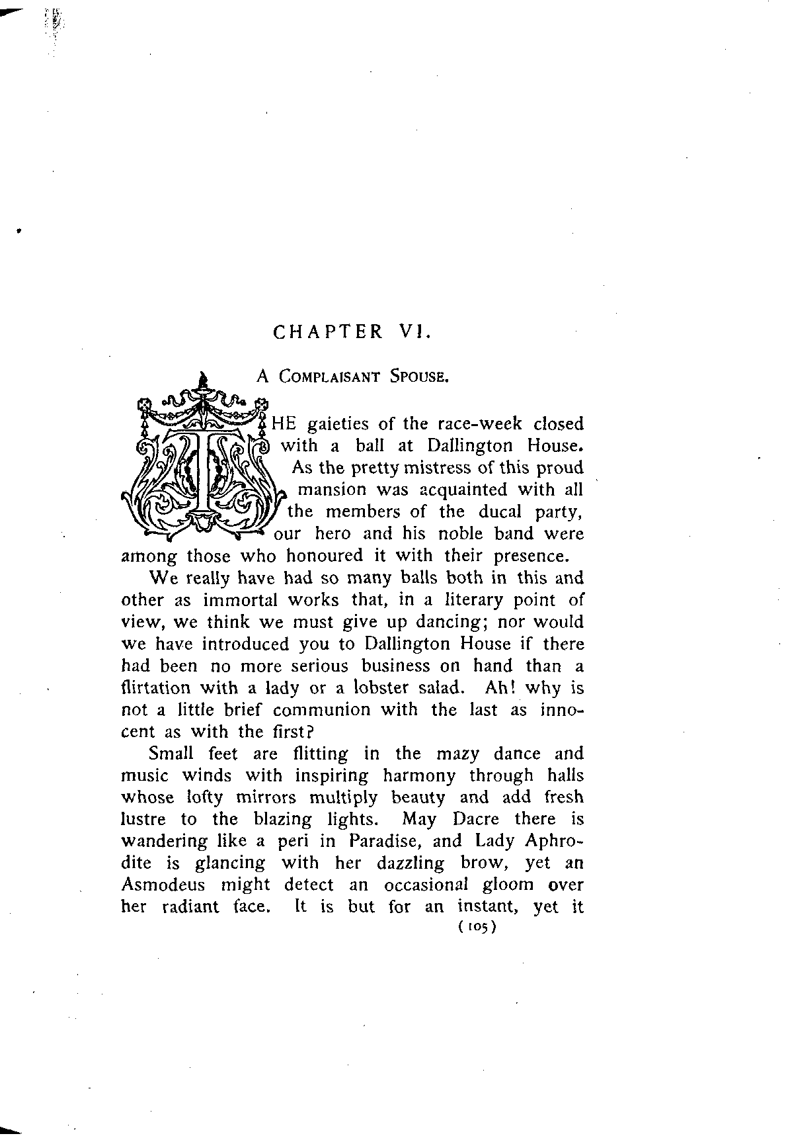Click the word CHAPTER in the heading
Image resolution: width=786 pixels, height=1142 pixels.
[x=328, y=331]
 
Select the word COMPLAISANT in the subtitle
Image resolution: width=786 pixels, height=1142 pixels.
[x=329, y=377]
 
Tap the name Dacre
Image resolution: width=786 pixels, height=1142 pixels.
[x=475, y=819]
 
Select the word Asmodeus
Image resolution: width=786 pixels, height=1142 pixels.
[x=163, y=885]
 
